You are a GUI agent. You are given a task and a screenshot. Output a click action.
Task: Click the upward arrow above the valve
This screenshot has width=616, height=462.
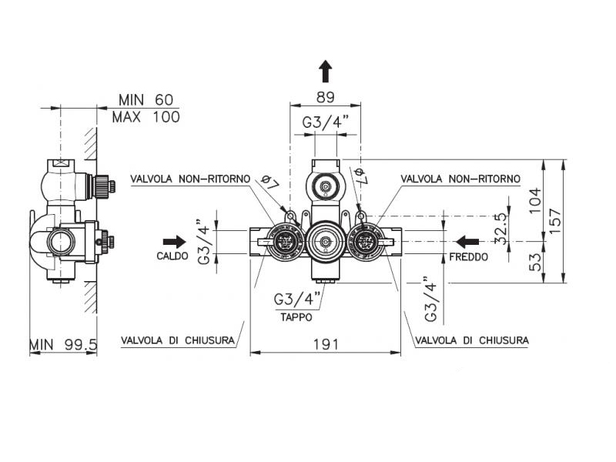tap(326, 72)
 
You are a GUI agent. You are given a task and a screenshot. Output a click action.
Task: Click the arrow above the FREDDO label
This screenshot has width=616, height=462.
tap(467, 242)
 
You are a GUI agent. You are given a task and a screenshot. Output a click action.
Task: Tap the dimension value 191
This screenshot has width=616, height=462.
tap(326, 344)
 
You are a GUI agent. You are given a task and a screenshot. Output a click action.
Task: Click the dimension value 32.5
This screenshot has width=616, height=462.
tap(501, 229)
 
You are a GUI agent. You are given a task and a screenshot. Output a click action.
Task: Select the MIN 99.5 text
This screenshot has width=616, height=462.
tap(63, 346)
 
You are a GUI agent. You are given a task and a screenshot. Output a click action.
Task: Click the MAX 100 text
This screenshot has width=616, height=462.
tap(146, 117)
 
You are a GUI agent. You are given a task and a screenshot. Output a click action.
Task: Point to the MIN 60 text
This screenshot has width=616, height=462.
tap(146, 100)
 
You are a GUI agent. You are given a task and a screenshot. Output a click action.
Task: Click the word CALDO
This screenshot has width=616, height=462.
tap(172, 256)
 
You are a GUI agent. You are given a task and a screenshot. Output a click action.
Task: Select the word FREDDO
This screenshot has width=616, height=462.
tap(469, 256)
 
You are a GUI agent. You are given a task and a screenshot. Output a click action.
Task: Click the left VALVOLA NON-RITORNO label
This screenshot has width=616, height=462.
tap(190, 179)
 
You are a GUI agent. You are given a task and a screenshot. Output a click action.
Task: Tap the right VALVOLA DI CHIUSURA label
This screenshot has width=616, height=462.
tap(471, 340)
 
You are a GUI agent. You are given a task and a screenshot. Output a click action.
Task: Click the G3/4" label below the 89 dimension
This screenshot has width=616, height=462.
tap(325, 122)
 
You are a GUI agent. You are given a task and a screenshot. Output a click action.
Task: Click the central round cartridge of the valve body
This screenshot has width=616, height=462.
tap(326, 241)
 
